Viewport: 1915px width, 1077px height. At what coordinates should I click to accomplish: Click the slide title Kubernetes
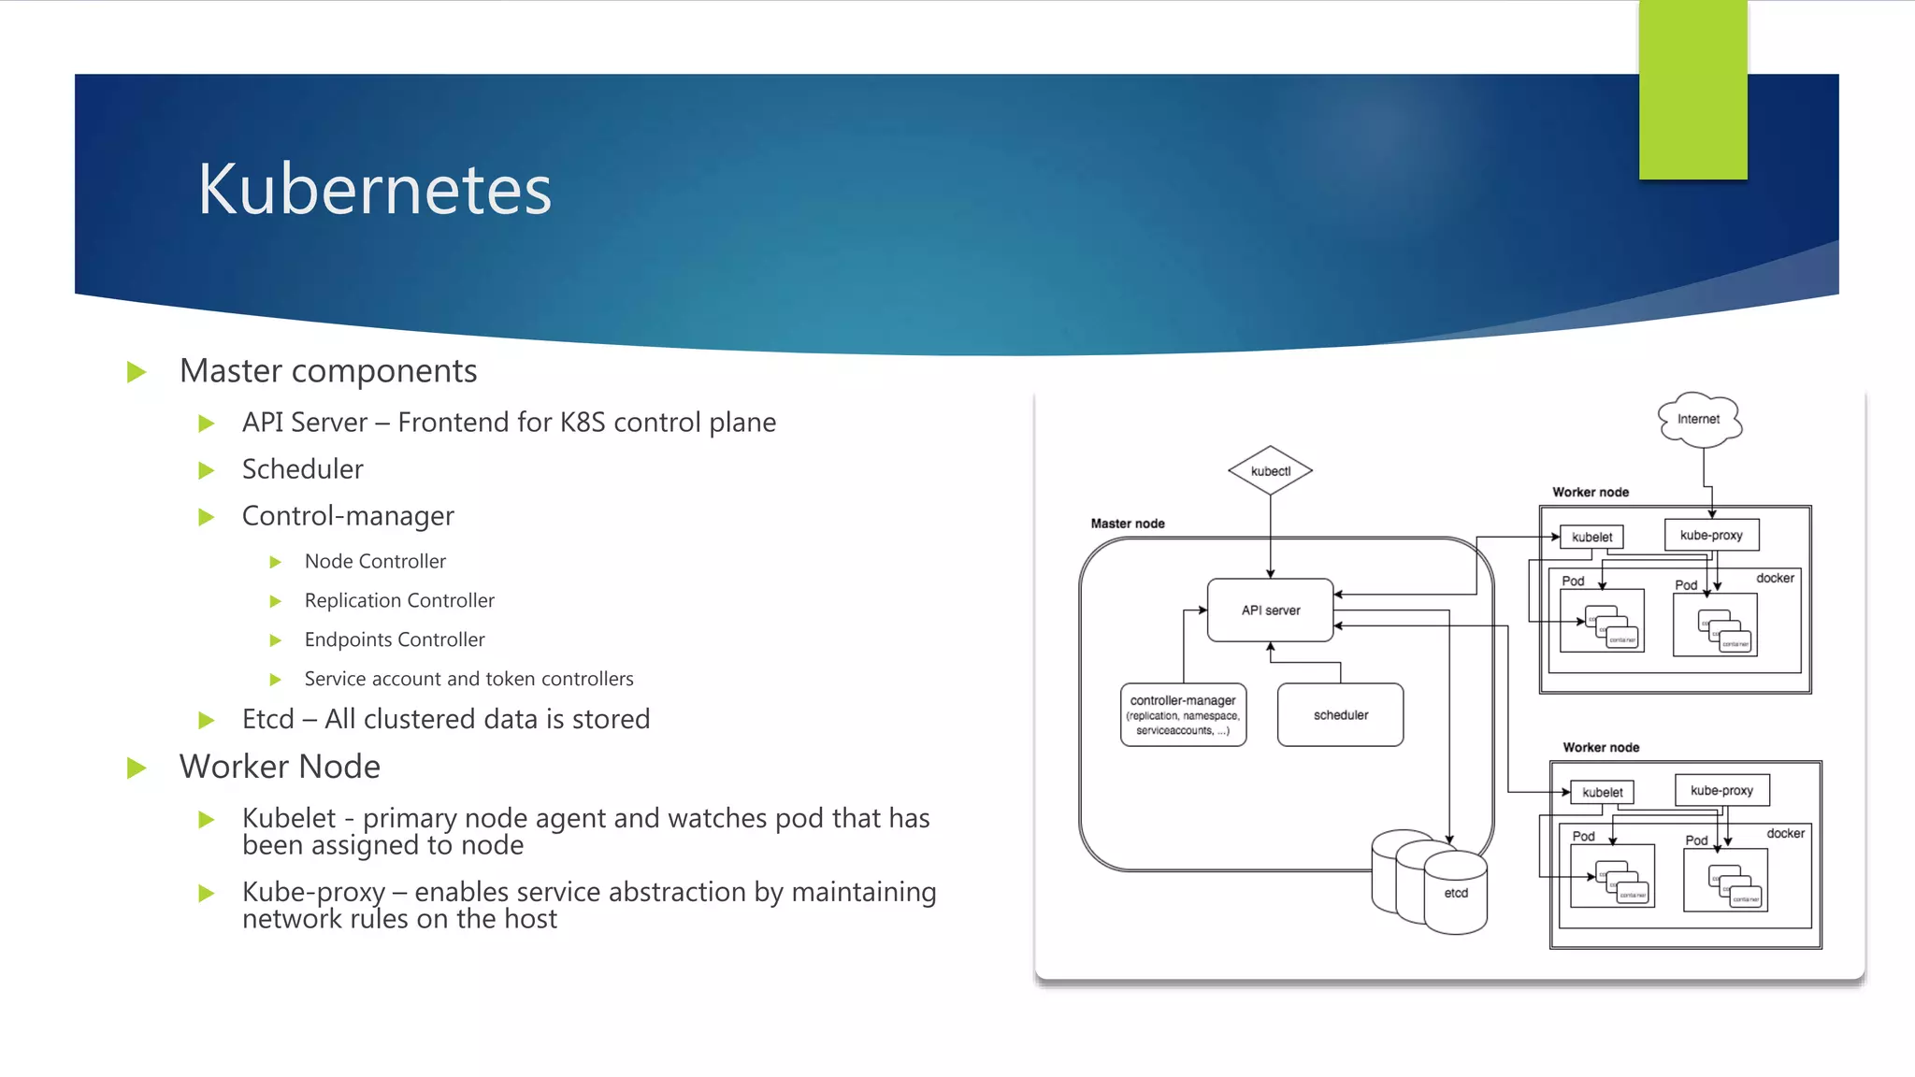point(374,190)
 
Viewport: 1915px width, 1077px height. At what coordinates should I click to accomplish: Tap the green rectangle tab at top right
point(1692,90)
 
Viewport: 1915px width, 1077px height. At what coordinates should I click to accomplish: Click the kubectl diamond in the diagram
point(1270,471)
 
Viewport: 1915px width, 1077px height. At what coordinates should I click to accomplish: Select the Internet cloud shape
point(1698,419)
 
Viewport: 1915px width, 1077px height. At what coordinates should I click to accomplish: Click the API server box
point(1270,610)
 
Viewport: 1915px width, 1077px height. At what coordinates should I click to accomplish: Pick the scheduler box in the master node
point(1340,715)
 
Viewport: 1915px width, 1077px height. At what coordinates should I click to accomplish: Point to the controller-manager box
point(1183,715)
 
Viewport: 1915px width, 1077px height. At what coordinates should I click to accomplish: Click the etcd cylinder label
point(1456,894)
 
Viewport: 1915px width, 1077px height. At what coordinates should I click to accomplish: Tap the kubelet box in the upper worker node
point(1591,538)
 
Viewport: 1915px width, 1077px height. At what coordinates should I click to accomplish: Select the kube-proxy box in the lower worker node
point(1721,791)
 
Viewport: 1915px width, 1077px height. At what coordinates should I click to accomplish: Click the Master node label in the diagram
point(1128,524)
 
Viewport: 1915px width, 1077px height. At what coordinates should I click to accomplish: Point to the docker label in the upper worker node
point(1775,579)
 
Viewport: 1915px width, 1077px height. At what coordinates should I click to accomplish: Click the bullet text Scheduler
point(302,469)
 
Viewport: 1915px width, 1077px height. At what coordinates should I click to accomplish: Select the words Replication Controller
point(399,601)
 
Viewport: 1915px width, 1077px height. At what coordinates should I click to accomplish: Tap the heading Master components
point(328,371)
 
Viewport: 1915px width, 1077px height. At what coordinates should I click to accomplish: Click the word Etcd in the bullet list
point(267,719)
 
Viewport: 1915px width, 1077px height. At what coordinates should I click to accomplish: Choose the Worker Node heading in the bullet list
point(280,767)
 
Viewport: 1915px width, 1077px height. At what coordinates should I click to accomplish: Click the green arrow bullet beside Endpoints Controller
point(276,640)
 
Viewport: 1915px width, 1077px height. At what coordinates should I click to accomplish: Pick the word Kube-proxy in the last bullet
point(313,893)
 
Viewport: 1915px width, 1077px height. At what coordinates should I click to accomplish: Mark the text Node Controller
point(375,562)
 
